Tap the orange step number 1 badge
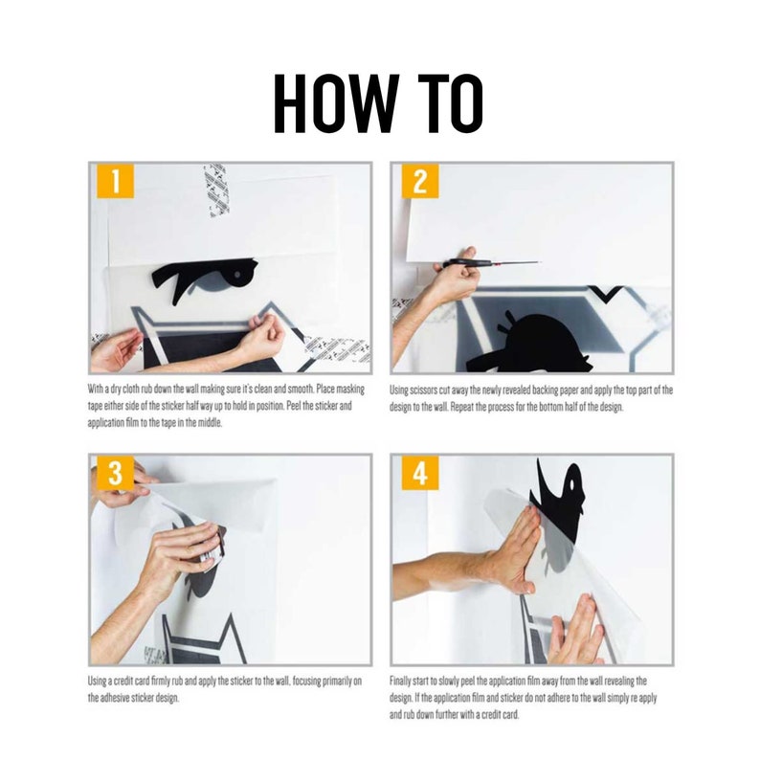[116, 181]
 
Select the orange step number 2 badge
[420, 181]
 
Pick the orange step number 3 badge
[116, 473]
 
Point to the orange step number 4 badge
[420, 473]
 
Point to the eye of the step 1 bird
[237, 275]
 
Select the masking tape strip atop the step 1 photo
[216, 190]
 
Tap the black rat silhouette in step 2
[528, 345]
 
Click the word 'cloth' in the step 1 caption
[131, 390]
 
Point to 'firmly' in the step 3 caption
[161, 681]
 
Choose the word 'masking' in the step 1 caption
[350, 390]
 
